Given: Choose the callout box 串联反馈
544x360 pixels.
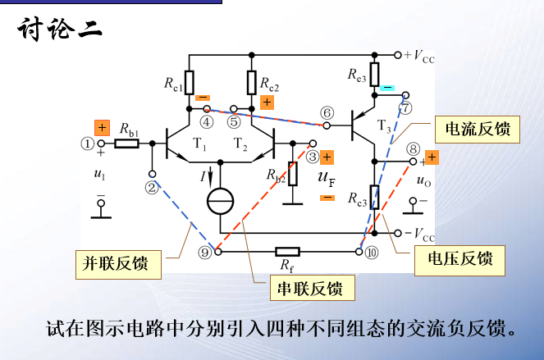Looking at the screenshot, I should [311, 288].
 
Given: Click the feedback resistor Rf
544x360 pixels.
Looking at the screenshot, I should [287, 252].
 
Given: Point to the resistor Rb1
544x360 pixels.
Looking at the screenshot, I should [127, 144].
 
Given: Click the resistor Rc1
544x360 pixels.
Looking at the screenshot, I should [190, 82].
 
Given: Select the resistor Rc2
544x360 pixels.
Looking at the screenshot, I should [252, 82].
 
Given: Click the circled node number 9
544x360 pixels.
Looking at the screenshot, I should [205, 253].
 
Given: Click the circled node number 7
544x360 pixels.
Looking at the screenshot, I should [405, 107].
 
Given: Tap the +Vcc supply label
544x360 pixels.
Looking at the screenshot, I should [419, 56].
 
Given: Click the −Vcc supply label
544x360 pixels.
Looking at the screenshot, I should [419, 235].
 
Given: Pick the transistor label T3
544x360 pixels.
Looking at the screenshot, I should [385, 125].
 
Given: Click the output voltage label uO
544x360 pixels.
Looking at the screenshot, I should [424, 180].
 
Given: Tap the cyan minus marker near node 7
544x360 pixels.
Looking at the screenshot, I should [387, 87].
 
